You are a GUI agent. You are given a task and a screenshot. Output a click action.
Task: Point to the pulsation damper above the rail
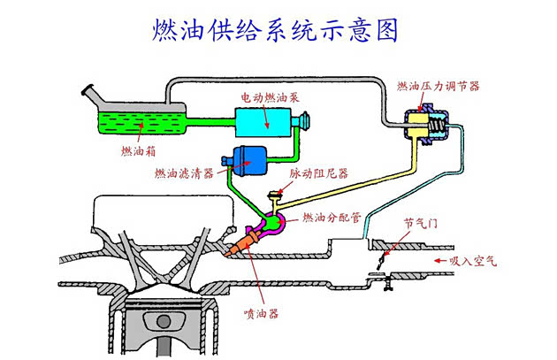(x=285, y=188)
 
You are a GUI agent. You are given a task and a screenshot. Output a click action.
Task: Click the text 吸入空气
(x=473, y=262)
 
